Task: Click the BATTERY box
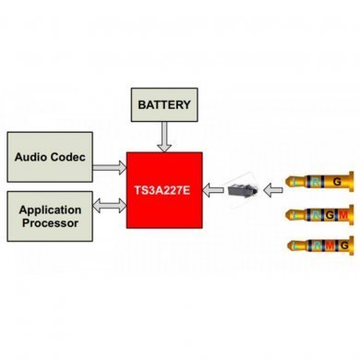[165, 104]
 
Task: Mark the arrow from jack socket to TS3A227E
[214, 191]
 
